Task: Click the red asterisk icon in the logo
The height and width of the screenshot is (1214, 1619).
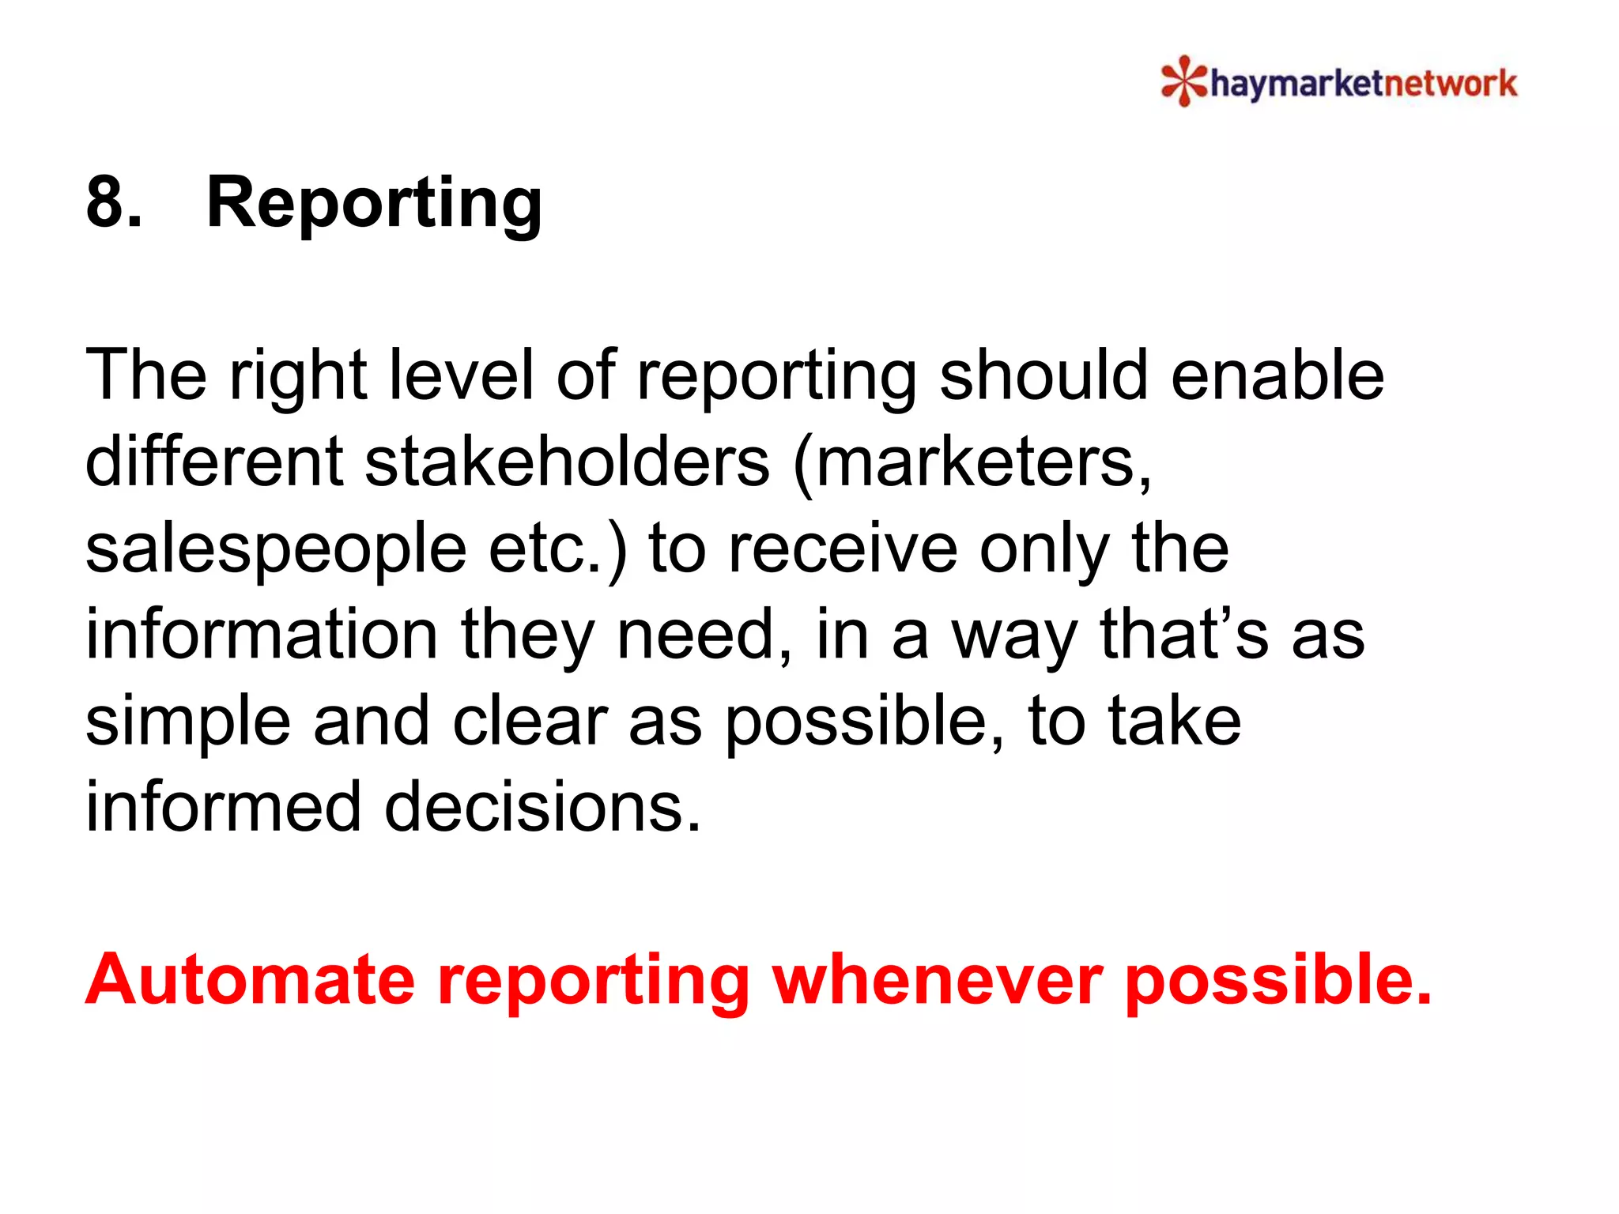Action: coord(1183,81)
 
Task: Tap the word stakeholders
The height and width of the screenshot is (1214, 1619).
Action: coord(566,462)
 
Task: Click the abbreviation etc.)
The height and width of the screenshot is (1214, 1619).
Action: coord(557,549)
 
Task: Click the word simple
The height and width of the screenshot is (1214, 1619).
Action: coord(187,723)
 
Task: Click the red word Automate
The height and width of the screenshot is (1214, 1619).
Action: coord(250,980)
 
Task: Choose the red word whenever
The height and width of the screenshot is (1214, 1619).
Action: coord(937,980)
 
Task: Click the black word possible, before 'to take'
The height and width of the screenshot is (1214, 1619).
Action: coord(865,723)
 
